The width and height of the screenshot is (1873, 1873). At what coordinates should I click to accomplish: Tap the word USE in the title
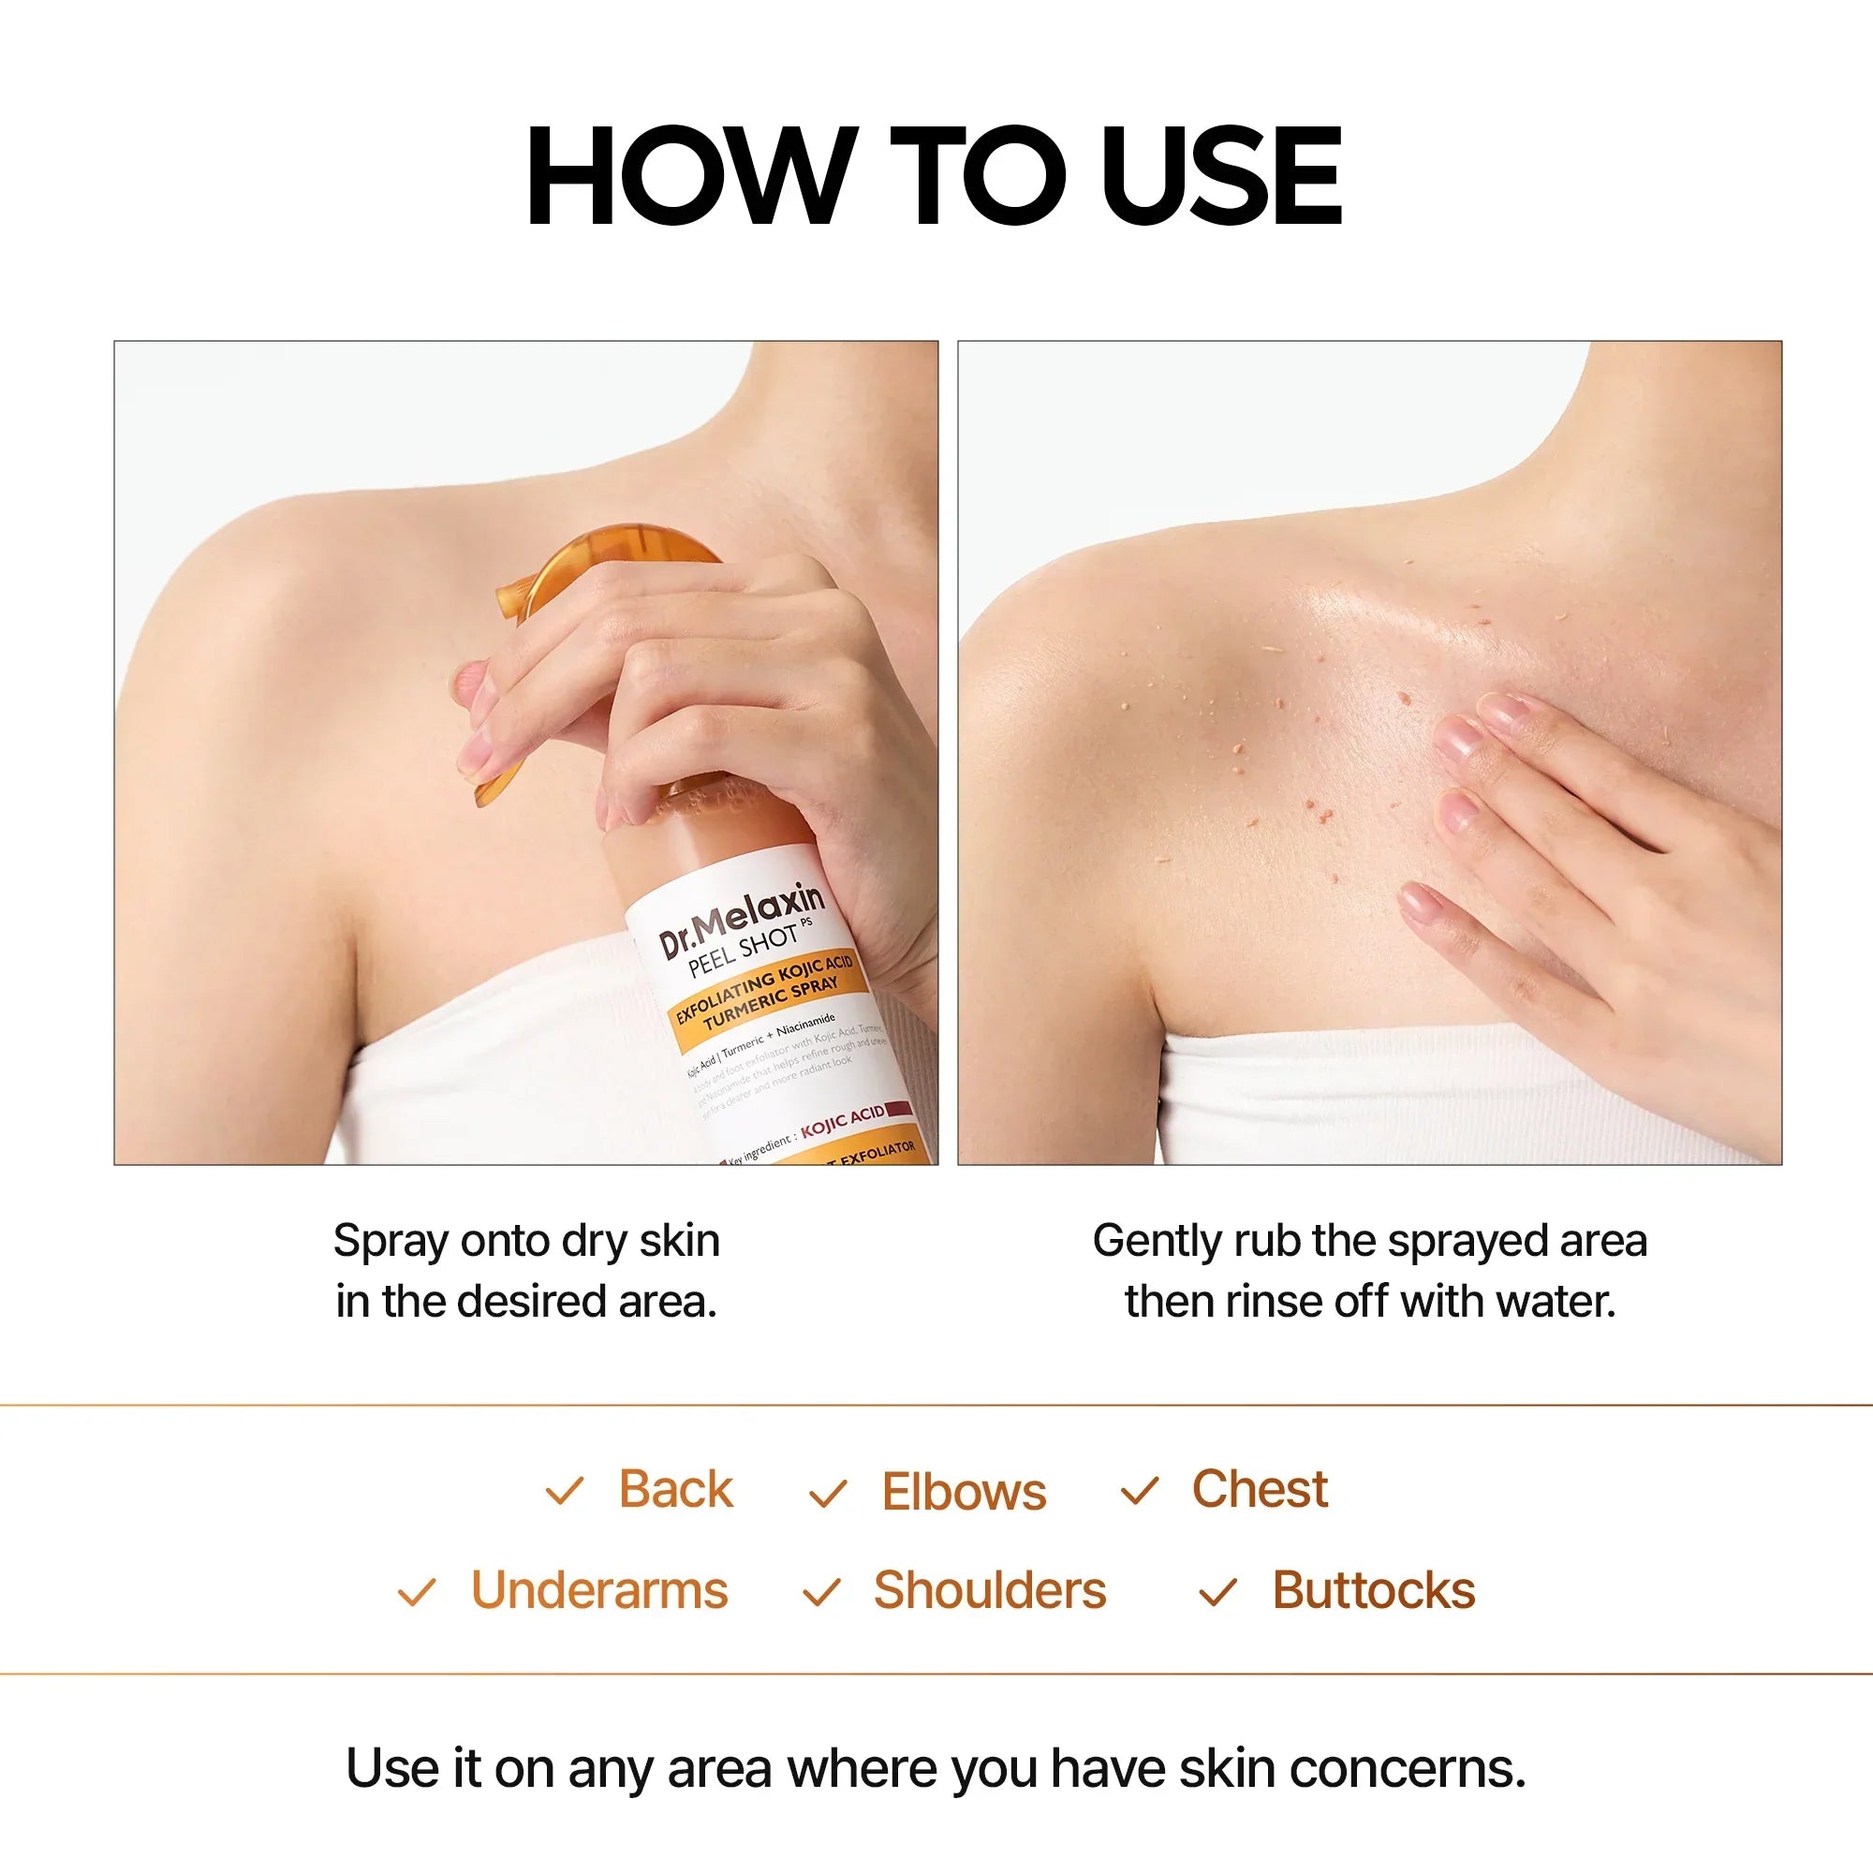(x=1221, y=176)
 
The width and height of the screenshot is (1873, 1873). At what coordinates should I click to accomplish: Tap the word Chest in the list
(x=1260, y=1489)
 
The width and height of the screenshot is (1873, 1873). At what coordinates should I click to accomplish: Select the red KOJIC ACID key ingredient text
(x=842, y=1121)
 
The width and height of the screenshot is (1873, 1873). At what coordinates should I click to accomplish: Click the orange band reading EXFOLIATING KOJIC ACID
(x=766, y=995)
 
